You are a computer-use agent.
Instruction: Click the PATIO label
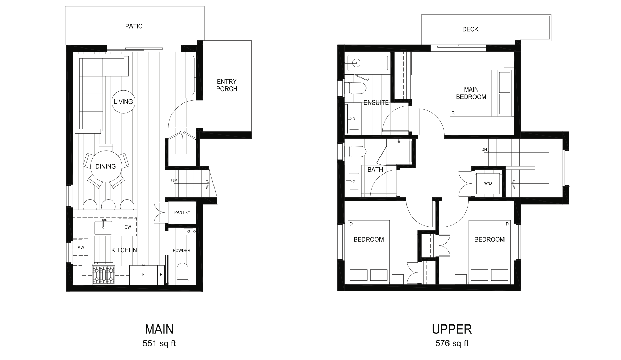point(134,26)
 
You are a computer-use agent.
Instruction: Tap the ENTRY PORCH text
point(226,85)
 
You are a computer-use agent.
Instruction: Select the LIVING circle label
point(123,102)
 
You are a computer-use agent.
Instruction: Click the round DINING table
point(106,167)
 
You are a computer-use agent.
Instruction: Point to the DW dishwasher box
point(128,227)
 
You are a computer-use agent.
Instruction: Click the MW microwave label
point(81,248)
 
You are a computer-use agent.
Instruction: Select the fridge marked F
point(143,275)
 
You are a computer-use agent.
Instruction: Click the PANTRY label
point(182,212)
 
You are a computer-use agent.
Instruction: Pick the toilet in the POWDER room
point(182,273)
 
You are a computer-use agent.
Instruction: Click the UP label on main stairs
point(174,180)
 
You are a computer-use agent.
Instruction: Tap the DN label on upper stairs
point(484,149)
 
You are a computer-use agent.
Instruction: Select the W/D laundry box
point(488,184)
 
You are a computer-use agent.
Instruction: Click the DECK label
point(470,29)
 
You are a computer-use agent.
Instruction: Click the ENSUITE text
point(376,102)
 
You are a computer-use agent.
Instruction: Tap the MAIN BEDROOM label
point(471,93)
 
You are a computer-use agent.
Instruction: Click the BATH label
point(375,170)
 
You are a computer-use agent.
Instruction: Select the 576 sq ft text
point(452,343)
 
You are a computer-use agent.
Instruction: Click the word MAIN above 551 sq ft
point(159,329)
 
